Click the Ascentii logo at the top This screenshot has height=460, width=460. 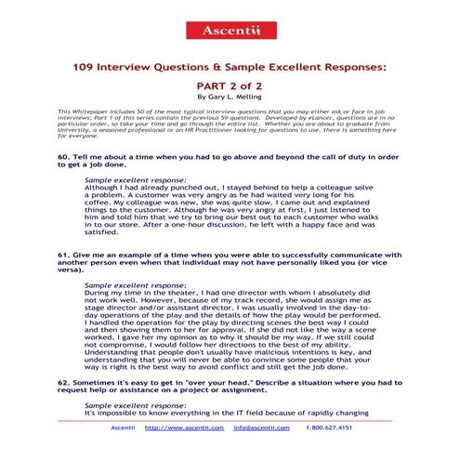[x=229, y=31]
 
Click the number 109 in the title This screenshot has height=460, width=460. [x=84, y=69]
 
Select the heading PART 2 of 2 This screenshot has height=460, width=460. [x=230, y=85]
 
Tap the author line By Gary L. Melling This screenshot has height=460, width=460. [x=230, y=96]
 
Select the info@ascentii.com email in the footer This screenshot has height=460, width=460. [x=260, y=427]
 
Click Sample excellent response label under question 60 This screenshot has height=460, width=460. [x=122, y=178]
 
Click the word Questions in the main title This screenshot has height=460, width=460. [x=169, y=69]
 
